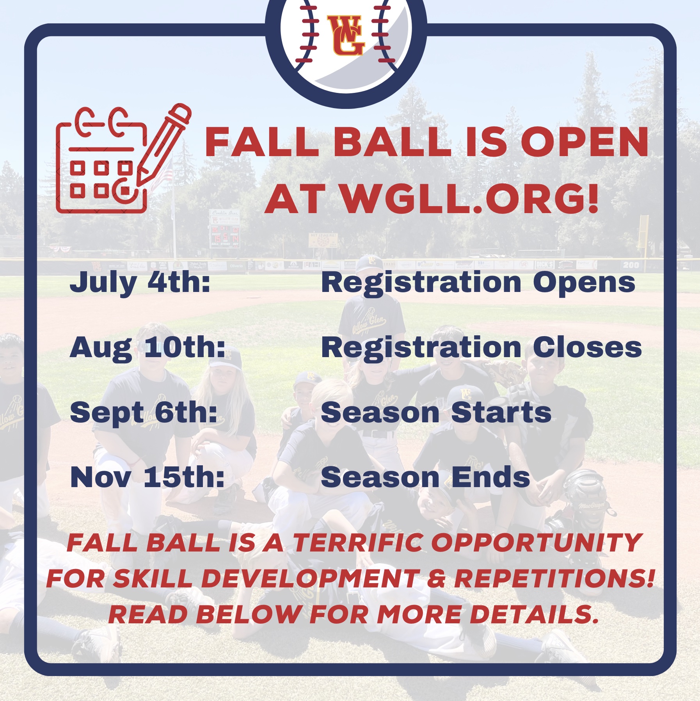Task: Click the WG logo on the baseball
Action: pyautogui.click(x=345, y=35)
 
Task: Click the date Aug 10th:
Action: pyautogui.click(x=147, y=348)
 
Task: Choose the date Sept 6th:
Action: pyautogui.click(x=144, y=413)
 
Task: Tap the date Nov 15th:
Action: pyautogui.click(x=147, y=477)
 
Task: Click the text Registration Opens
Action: pyautogui.click(x=478, y=283)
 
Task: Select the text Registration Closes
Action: pyautogui.click(x=481, y=348)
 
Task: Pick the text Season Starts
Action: pyautogui.click(x=436, y=413)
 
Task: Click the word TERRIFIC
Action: pyautogui.click(x=358, y=543)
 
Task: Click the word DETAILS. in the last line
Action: pyautogui.click(x=534, y=614)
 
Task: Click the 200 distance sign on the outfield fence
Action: pyautogui.click(x=631, y=265)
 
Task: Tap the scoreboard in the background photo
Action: pyautogui.click(x=225, y=229)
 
